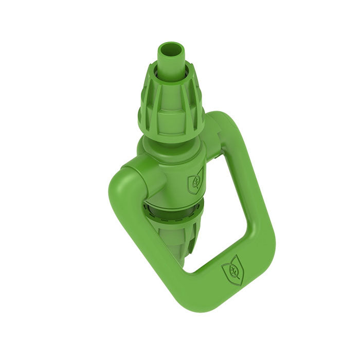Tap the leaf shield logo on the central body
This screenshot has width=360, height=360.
click(x=195, y=181)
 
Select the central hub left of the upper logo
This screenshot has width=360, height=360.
click(x=170, y=177)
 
